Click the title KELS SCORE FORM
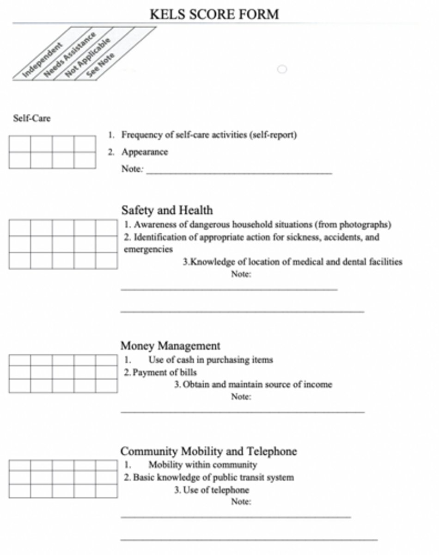(214, 14)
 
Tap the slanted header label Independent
(43, 59)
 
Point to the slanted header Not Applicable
(88, 56)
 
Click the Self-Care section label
(32, 118)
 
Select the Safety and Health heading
(167, 210)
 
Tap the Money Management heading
(170, 345)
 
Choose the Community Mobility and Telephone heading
(208, 451)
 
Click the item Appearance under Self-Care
(145, 152)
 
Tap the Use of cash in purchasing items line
(210, 359)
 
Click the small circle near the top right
(282, 69)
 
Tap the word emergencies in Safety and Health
(148, 249)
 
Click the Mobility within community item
(202, 465)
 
